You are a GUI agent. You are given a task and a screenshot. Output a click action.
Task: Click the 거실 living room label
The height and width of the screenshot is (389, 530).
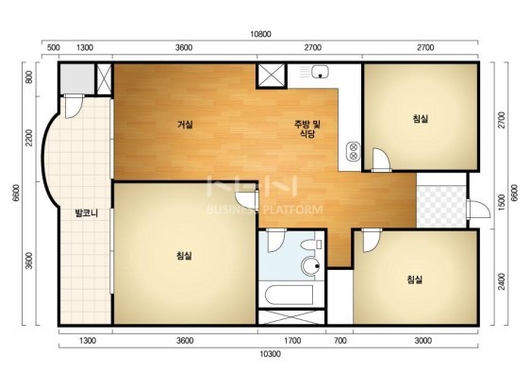[x=185, y=125]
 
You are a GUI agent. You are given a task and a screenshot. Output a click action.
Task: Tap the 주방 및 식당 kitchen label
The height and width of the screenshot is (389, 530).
[x=307, y=128]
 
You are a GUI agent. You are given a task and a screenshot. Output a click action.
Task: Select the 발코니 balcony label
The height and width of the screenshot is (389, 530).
[x=86, y=213]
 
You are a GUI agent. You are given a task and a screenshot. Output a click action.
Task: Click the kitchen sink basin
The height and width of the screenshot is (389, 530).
[x=320, y=72]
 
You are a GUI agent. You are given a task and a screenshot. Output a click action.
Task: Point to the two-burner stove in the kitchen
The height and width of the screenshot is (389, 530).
[x=354, y=151]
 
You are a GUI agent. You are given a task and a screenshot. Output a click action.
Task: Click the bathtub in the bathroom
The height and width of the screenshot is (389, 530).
[x=289, y=295]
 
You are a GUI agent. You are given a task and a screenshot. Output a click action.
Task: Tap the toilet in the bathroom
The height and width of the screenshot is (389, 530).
[x=311, y=245]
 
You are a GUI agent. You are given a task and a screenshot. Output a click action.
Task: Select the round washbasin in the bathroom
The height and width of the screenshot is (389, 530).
[x=311, y=266]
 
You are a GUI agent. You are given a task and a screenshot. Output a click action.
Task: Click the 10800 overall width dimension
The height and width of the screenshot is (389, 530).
[x=260, y=34]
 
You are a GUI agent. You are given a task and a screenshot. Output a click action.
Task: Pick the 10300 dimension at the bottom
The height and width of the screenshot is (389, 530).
[x=270, y=354]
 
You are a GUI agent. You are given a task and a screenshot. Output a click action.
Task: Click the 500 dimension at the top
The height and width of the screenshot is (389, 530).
[x=54, y=48]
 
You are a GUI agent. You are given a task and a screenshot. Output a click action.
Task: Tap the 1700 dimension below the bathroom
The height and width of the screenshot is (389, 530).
[x=292, y=341]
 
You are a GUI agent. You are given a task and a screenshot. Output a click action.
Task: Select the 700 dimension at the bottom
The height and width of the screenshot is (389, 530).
[x=340, y=341]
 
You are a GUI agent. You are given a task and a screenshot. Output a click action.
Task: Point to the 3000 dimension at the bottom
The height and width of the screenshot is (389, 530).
[x=422, y=341]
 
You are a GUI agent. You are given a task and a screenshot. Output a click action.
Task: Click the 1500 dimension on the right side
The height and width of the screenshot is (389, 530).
[x=502, y=201]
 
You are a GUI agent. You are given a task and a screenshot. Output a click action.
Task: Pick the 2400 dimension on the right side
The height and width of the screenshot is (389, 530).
[x=502, y=281]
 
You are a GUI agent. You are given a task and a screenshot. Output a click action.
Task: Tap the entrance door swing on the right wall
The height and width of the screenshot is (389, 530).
[x=479, y=210]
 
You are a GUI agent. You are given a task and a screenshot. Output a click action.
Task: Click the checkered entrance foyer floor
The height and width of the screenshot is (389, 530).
[x=441, y=206]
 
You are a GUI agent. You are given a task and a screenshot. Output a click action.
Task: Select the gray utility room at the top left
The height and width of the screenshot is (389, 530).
[x=77, y=79]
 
